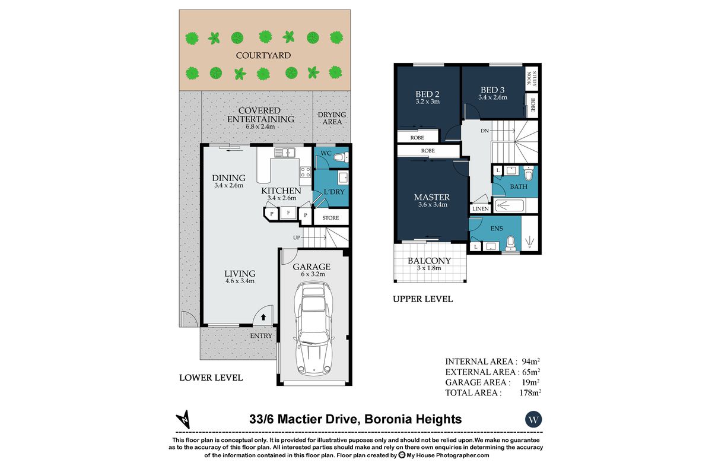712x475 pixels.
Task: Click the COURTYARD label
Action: pyautogui.click(x=263, y=56)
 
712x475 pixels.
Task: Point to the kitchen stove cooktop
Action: pyautogui.click(x=306, y=172)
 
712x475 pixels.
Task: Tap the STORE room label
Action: pyautogui.click(x=330, y=218)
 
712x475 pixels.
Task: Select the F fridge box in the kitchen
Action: pyautogui.click(x=289, y=213)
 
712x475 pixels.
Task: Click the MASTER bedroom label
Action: pyautogui.click(x=431, y=197)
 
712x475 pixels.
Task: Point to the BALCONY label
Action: pyautogui.click(x=429, y=261)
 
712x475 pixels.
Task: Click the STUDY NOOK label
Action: pyautogui.click(x=533, y=78)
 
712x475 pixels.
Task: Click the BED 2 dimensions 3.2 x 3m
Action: pyautogui.click(x=427, y=102)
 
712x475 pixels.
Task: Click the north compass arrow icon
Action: pyautogui.click(x=186, y=419)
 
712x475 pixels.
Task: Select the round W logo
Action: pyautogui.click(x=533, y=419)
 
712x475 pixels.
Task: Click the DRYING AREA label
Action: pyautogui.click(x=332, y=118)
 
